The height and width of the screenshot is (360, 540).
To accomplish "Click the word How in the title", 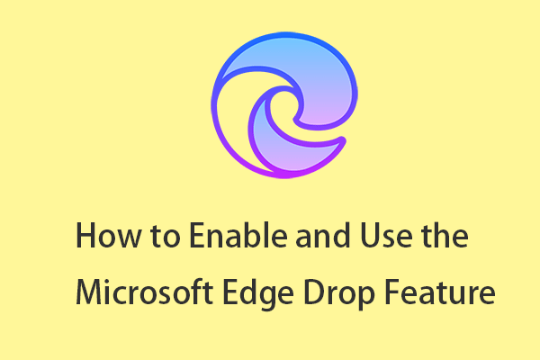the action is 108,236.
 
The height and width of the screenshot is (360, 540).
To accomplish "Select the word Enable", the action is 238,235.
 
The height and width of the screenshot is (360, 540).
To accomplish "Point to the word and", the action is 323,235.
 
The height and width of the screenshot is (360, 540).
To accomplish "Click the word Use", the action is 386,236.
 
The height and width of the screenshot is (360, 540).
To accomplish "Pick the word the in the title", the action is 445,235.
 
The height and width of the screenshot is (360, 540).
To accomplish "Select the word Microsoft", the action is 144,292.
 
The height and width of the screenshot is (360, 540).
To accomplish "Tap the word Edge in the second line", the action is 258,294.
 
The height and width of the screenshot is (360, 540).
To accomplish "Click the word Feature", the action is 440,292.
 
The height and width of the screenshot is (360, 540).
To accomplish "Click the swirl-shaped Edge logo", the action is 284,105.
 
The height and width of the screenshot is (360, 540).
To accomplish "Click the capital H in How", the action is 85,236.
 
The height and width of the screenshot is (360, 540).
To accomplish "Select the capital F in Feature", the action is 391,292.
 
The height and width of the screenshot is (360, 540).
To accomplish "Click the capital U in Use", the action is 371,236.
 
